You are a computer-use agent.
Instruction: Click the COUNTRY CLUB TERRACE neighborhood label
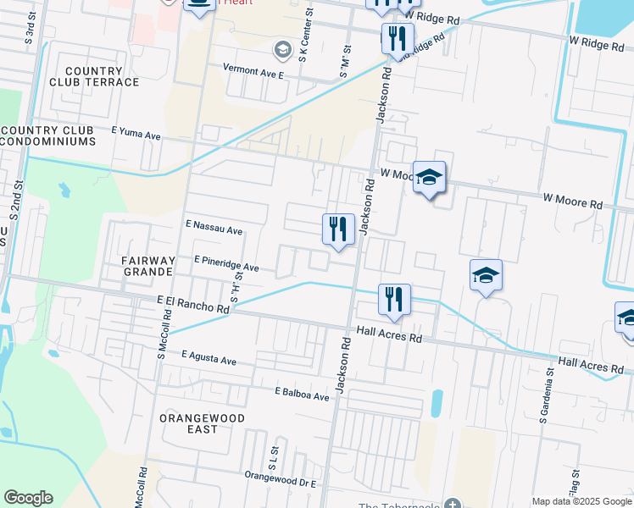(94, 76)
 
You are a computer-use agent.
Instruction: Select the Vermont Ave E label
(253, 74)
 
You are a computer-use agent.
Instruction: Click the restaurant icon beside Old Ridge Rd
(397, 38)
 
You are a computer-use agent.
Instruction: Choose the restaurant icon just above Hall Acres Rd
(394, 298)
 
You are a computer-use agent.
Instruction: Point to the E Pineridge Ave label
(225, 264)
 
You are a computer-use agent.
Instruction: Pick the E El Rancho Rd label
(193, 305)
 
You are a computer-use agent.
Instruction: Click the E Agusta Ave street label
(209, 360)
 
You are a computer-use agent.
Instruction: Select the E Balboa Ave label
(302, 395)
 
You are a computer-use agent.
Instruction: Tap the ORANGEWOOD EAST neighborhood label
(202, 423)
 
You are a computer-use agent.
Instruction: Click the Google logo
(28, 498)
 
